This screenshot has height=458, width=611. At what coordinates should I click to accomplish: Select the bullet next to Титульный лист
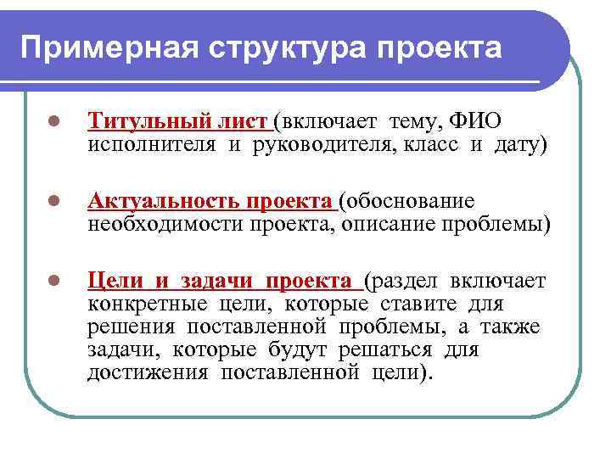coord(53,123)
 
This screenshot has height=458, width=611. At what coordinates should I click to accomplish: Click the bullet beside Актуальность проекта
coord(53,202)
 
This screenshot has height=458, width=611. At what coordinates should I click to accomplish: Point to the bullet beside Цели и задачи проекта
coord(53,282)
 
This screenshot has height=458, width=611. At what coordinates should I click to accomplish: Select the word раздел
coord(407,282)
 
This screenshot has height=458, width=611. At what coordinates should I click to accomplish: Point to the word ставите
coord(415,304)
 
